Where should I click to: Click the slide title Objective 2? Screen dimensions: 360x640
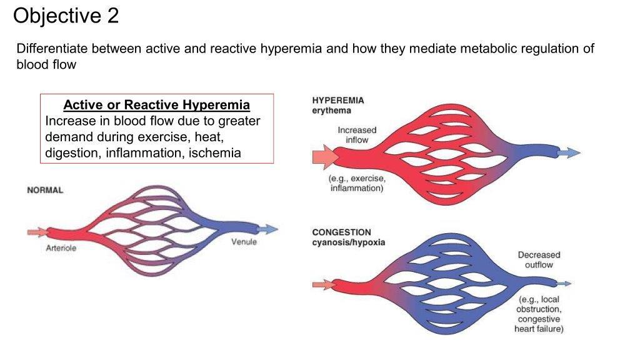(66, 16)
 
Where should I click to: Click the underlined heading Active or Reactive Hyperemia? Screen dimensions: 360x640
(157, 104)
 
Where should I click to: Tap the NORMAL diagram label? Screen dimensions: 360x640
(45, 190)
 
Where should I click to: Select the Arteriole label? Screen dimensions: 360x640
(61, 249)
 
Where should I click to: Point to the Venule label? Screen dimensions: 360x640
(244, 242)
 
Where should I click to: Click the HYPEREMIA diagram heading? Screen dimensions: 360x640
(337, 100)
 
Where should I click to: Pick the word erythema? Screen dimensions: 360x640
(331, 111)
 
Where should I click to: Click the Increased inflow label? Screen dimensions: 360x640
(357, 135)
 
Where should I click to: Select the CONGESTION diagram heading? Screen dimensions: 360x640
(341, 232)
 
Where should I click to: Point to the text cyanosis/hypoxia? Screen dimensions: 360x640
(349, 242)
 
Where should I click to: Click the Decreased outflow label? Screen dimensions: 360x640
(539, 260)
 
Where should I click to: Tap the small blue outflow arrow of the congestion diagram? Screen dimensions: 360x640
(562, 284)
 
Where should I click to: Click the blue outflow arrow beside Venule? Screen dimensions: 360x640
(267, 229)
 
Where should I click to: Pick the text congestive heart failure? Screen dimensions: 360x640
(539, 324)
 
